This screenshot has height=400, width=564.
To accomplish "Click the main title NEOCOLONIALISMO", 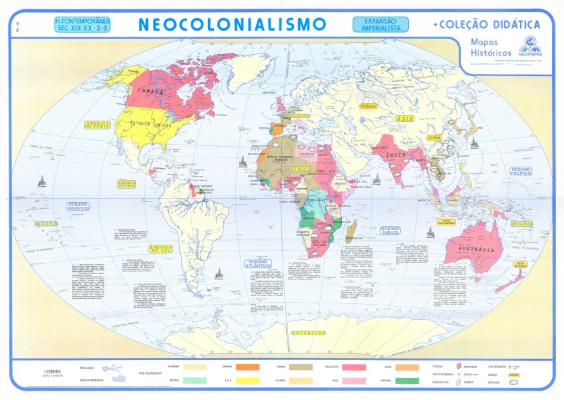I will [233, 25].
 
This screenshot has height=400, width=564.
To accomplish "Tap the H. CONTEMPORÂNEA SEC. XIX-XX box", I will [85, 25].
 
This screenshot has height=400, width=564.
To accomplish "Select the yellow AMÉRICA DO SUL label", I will [162, 251].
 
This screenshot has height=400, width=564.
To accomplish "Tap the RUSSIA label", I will [368, 106].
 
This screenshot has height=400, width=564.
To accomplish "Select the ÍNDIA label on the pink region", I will [397, 156].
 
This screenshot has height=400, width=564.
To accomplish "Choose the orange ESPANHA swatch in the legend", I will [248, 367].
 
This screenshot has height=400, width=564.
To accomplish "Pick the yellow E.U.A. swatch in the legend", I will [248, 381].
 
